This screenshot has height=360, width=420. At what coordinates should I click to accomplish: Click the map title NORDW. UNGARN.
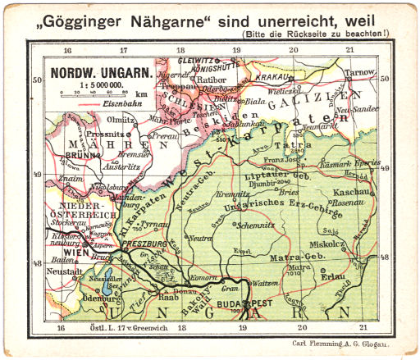pyautogui.click(x=100, y=71)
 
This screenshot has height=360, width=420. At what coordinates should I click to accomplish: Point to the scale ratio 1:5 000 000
pyautogui.click(x=100, y=84)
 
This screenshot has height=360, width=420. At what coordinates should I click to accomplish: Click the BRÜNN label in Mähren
pyautogui.click(x=79, y=153)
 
